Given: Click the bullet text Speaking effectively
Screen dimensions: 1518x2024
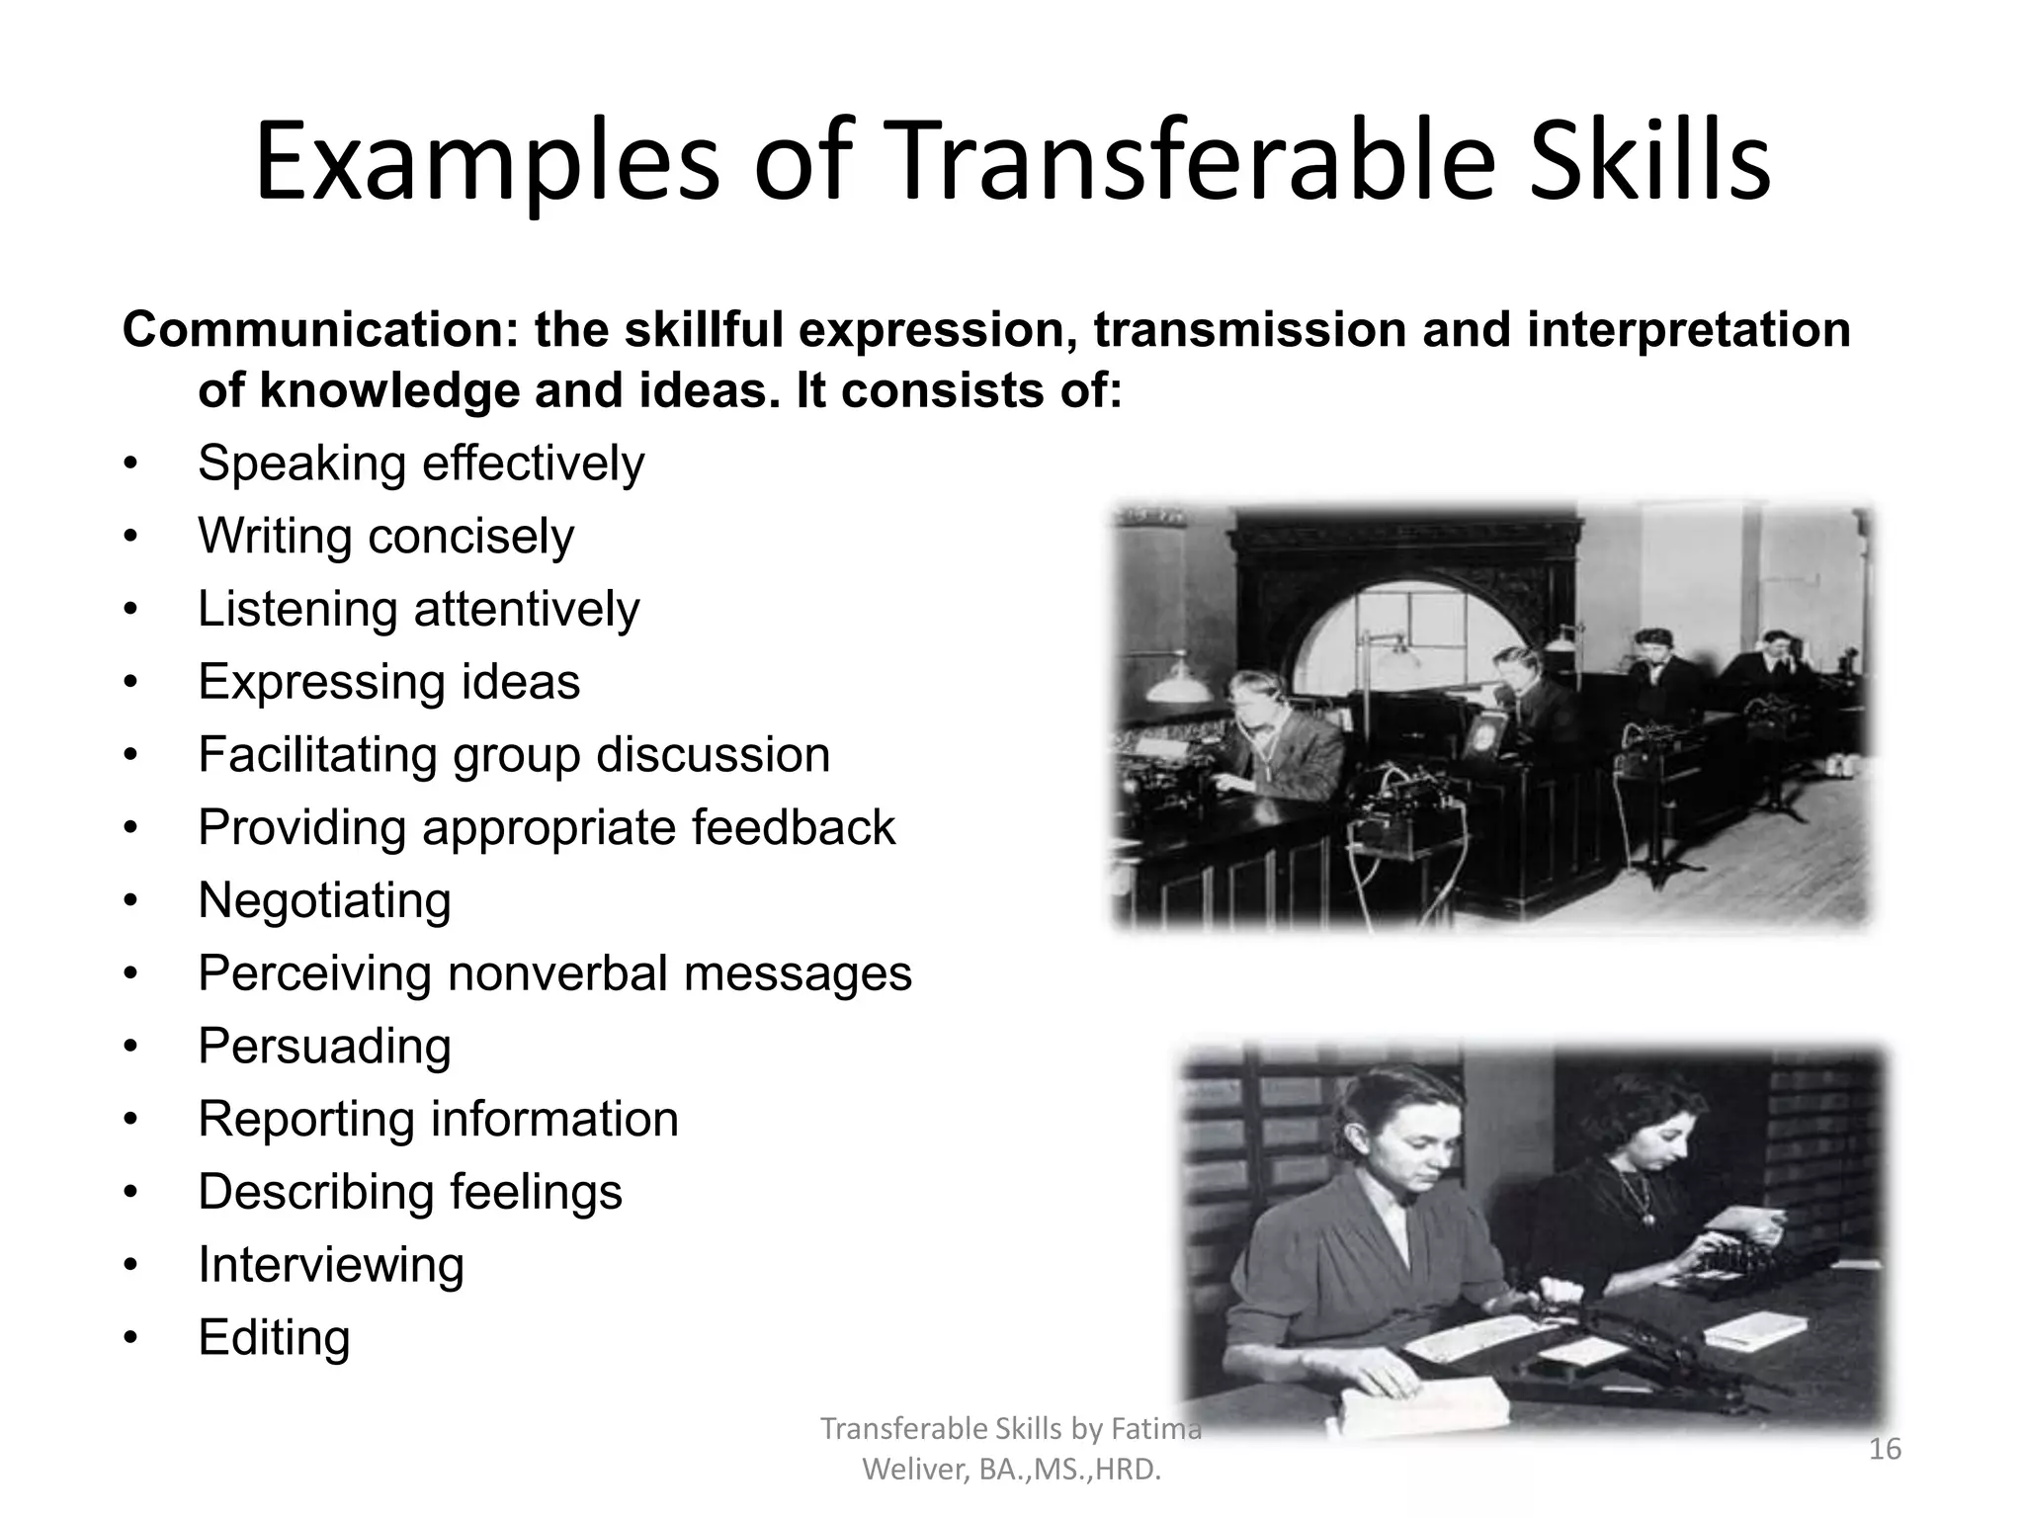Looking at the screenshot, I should click(421, 464).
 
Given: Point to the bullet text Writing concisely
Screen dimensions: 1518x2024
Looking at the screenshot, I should click(385, 537).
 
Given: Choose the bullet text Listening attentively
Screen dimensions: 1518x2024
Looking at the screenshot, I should click(419, 609).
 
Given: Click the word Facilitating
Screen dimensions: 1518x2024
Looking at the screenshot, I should click(316, 755).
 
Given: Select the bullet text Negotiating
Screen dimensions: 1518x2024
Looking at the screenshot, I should click(324, 900).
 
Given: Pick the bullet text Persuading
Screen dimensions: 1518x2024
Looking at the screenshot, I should click(324, 1047).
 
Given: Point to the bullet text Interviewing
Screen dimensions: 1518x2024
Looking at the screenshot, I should click(330, 1265).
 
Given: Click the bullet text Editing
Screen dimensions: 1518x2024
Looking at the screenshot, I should click(274, 1338).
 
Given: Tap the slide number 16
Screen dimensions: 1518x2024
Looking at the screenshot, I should click(1885, 1450).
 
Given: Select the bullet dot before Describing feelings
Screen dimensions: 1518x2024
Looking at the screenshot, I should click(129, 1194).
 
